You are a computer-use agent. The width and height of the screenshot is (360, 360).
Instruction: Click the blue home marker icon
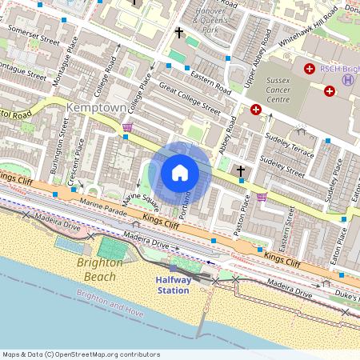click(x=180, y=172)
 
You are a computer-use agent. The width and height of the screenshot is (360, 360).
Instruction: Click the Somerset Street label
click(x=34, y=34)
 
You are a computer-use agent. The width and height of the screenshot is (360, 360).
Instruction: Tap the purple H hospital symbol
click(x=348, y=79)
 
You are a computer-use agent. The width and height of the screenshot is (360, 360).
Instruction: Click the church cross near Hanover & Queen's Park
click(x=179, y=33)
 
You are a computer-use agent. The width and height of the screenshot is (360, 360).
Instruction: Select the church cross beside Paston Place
click(x=240, y=170)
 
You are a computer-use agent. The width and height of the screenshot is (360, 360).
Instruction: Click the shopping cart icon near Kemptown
click(x=127, y=126)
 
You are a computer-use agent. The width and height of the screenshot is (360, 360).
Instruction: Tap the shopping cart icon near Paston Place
click(x=262, y=196)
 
